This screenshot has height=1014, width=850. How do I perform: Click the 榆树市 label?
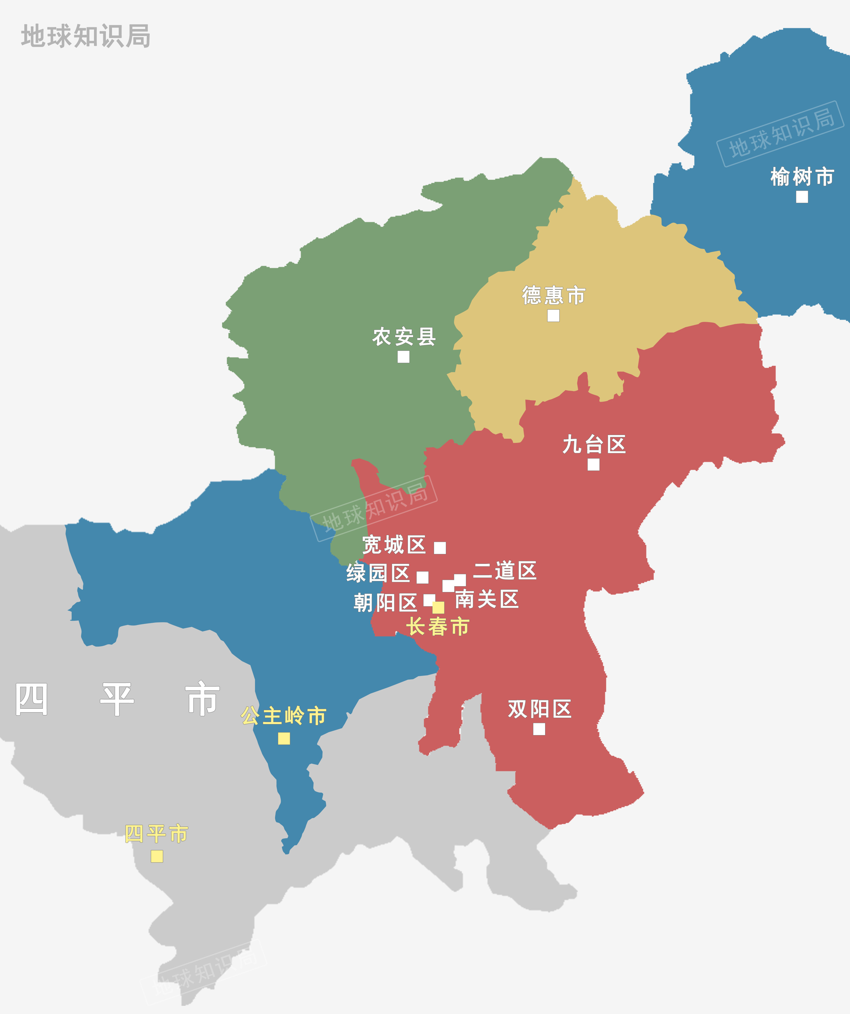coord(802,177)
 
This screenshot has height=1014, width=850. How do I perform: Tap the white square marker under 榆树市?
coord(802,197)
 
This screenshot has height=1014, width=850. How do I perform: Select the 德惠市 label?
coord(554,295)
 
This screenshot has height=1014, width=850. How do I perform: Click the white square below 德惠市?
coord(554,316)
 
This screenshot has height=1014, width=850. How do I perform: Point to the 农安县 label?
coord(404,337)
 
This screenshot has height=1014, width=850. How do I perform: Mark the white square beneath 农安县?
coord(404,357)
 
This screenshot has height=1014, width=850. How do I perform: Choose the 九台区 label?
coord(594,444)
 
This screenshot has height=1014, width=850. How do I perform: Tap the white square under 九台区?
coord(594,465)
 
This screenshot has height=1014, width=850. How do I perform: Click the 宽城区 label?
coord(394,545)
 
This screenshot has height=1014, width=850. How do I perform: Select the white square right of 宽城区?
coord(440,548)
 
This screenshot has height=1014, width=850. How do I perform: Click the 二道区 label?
coord(504,570)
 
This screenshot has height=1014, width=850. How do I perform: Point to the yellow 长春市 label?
coord(437,627)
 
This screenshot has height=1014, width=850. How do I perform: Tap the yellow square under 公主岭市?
coord(284,739)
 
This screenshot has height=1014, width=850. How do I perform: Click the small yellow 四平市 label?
coord(156,834)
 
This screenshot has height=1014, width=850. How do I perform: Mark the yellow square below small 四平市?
coord(157,856)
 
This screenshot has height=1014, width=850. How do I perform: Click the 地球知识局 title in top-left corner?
coord(85,36)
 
